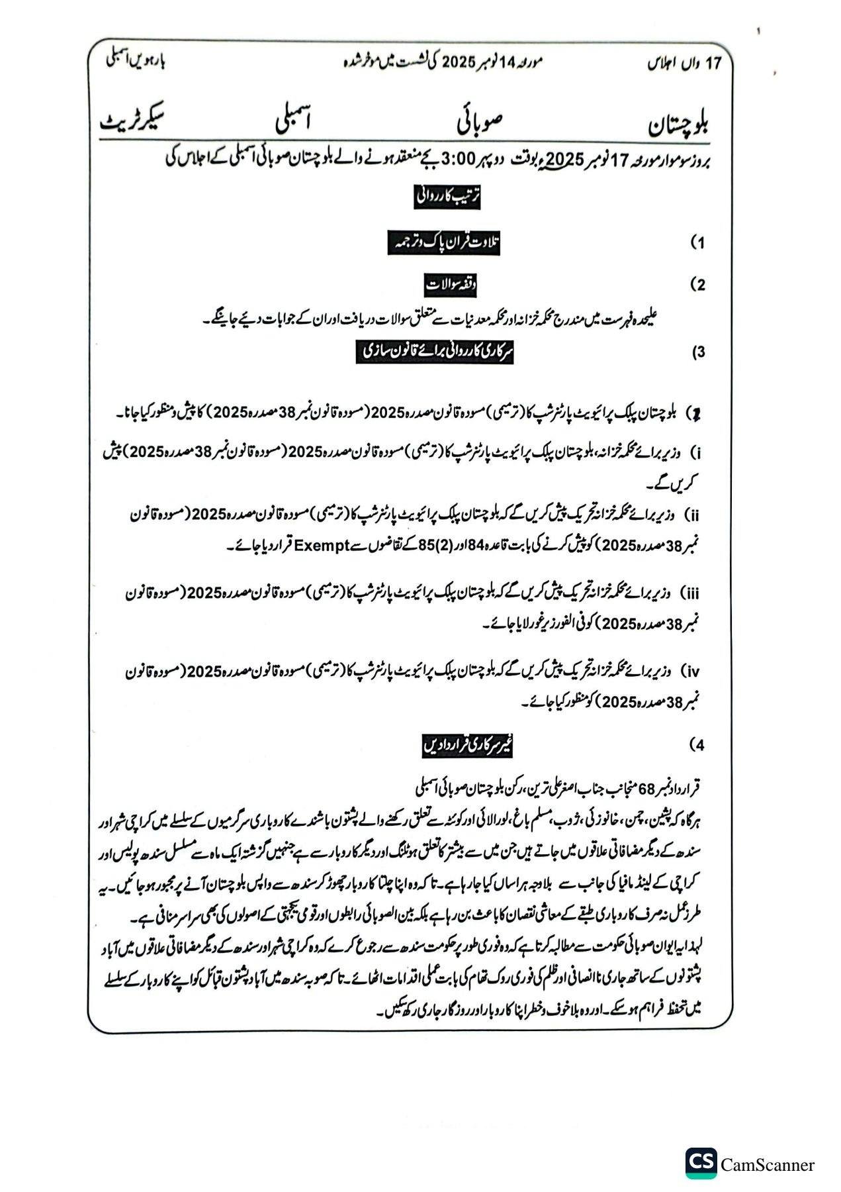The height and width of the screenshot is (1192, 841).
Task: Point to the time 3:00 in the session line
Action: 457,160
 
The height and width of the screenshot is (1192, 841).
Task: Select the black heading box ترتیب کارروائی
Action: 447,197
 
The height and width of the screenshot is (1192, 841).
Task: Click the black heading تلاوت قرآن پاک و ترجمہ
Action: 444,244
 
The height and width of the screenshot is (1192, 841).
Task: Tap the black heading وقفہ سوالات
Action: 451,285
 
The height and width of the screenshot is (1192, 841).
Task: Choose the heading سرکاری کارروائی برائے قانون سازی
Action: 435,352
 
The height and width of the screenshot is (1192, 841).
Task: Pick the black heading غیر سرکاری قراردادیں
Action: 468,746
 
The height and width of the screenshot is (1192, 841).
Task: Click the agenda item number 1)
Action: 697,243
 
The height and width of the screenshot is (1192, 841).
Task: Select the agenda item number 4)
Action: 697,746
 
